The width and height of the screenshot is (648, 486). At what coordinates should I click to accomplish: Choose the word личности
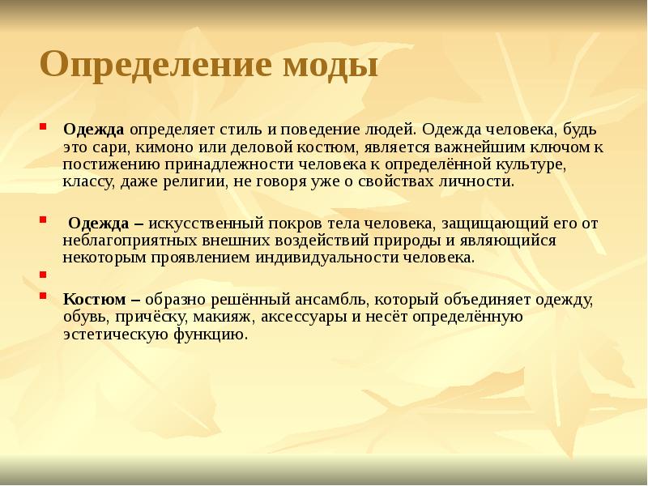point(481,181)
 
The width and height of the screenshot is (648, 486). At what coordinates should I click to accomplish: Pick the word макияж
point(246,317)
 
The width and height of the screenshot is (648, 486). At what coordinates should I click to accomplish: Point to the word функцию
point(206,334)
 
